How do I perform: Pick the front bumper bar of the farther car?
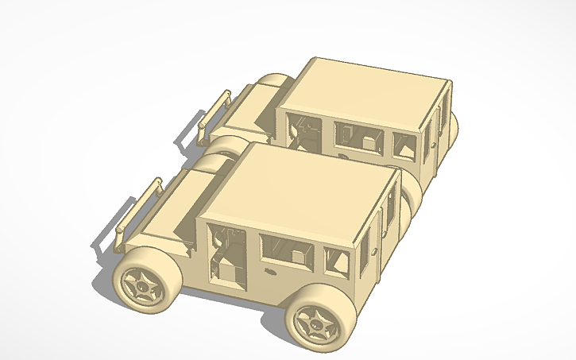(213, 112)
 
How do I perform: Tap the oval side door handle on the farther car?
(344, 157)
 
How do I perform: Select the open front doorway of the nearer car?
(226, 254)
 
